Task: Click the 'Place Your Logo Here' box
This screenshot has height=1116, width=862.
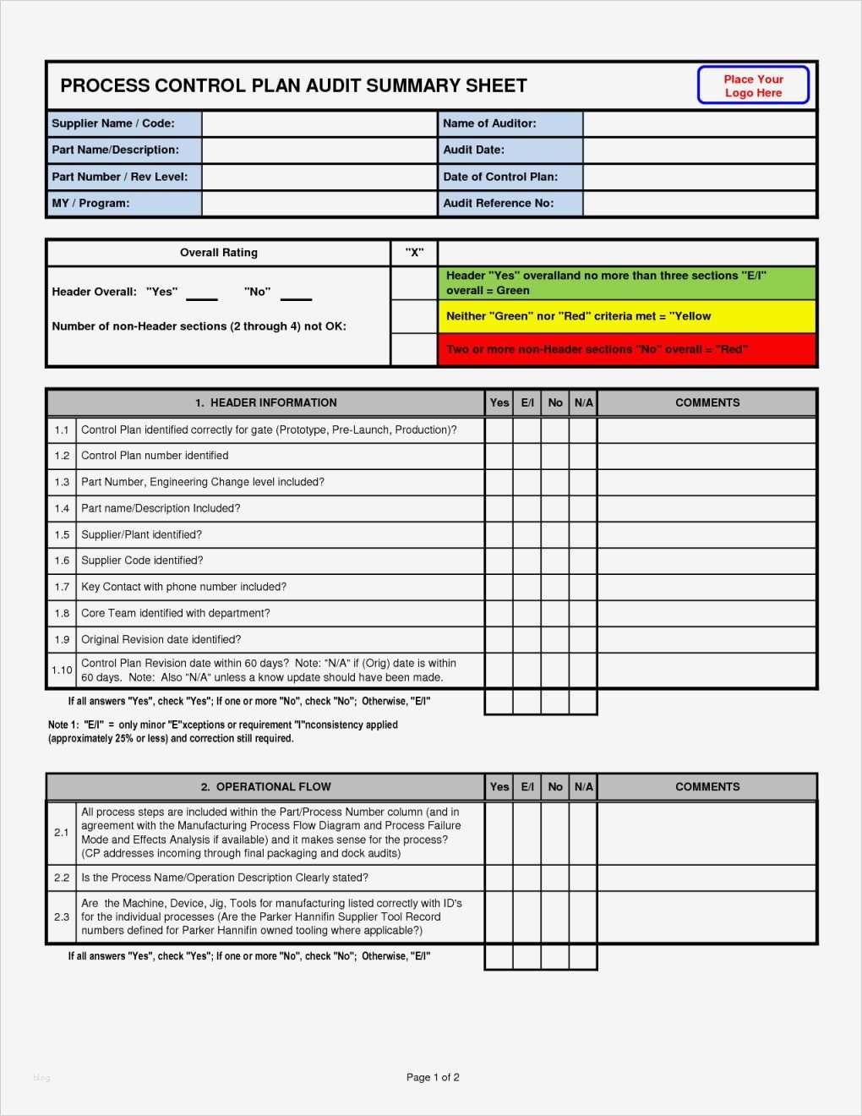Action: point(753,85)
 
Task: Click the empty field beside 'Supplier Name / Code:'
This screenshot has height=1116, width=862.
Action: point(319,123)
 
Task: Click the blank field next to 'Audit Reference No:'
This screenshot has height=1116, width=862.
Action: point(700,204)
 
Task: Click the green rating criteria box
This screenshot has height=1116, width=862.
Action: point(626,283)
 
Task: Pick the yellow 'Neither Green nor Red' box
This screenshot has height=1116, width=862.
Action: point(626,316)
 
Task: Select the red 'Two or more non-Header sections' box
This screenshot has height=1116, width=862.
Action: point(626,349)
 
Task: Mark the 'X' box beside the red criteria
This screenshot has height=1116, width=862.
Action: point(414,349)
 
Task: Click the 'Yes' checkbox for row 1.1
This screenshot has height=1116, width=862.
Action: point(499,430)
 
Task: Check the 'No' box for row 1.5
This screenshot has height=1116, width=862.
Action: point(555,535)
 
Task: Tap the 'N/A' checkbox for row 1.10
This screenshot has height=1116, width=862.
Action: point(583,670)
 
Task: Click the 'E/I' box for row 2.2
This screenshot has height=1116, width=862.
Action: point(527,878)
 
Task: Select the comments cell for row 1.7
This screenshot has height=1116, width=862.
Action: point(707,588)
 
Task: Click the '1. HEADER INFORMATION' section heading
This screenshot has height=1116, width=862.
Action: point(265,403)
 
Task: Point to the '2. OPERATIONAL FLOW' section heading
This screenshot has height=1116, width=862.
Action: point(265,787)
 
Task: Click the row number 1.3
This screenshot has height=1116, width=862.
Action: point(62,483)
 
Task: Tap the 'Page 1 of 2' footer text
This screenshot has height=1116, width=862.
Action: point(433,1077)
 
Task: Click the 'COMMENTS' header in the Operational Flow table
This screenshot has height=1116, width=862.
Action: point(707,787)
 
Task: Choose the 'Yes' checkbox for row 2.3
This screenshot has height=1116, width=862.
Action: point(499,917)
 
